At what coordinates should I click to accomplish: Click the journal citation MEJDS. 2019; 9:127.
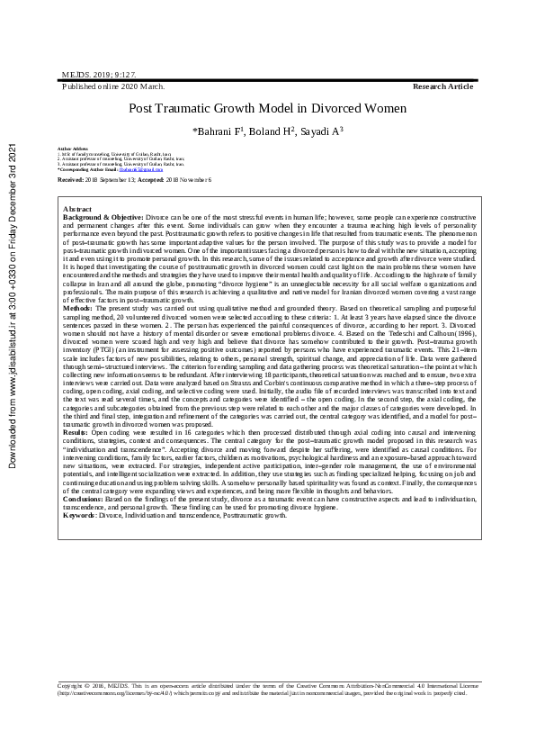click(98, 77)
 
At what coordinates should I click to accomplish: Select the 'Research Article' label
click(442, 86)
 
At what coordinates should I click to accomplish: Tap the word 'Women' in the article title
click(382, 108)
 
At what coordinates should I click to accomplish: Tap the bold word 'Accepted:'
click(148, 180)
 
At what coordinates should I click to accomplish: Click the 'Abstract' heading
click(77, 209)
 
